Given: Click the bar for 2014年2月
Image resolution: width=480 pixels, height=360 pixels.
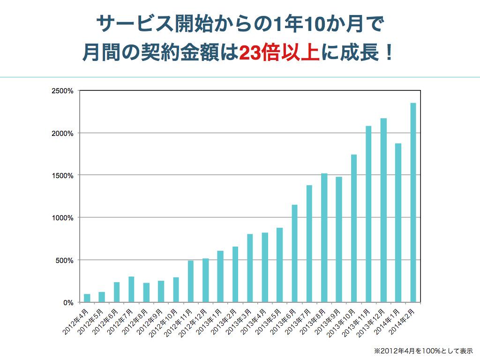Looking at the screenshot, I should [x=413, y=202].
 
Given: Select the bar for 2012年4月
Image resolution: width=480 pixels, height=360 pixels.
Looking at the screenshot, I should [x=87, y=298].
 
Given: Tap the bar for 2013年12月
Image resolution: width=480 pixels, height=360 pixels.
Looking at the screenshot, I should [x=383, y=210].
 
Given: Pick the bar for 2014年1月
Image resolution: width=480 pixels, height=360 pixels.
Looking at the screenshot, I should [x=398, y=223].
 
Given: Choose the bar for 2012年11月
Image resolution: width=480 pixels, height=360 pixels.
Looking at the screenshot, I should [x=191, y=281].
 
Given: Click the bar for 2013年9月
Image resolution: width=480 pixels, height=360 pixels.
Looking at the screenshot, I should [x=339, y=240].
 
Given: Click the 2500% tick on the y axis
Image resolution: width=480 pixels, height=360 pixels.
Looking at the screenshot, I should [x=62, y=91].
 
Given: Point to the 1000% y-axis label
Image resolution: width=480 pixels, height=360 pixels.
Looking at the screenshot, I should [x=62, y=218].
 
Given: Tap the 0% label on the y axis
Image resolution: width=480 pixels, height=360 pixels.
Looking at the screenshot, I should [x=68, y=302].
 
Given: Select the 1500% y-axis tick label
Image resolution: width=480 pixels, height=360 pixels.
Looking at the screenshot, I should [x=62, y=176].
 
